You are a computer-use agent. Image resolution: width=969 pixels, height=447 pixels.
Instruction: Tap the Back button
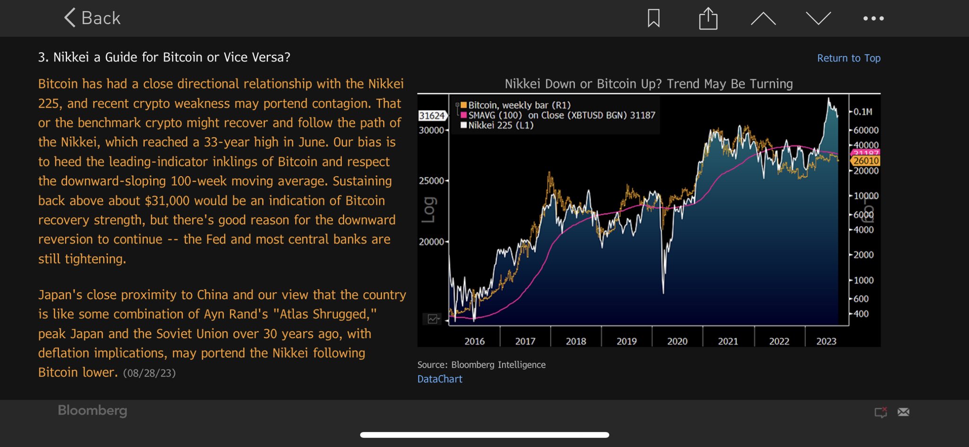pos(93,18)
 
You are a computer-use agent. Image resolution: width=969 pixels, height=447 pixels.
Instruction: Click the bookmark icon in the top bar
pos(653,18)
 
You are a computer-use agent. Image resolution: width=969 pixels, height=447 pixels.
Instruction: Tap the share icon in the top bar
pos(708,18)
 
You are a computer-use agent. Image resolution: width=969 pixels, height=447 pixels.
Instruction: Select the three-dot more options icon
pos(873,18)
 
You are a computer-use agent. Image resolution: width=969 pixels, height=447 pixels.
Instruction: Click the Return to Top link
pos(848,58)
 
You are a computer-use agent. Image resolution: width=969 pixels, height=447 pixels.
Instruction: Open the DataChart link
pos(440,379)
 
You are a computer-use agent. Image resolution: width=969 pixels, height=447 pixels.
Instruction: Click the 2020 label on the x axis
pos(677,341)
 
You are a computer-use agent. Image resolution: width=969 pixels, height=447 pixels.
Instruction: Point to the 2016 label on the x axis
pos(475,341)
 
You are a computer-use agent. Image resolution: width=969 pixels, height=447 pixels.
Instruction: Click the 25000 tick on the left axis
pos(432,181)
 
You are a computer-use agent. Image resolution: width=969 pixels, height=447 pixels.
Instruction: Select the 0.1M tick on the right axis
pos(863,112)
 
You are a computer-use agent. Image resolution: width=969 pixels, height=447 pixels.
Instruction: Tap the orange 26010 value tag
pos(866,161)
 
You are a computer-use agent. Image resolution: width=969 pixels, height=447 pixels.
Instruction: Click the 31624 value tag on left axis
pos(432,115)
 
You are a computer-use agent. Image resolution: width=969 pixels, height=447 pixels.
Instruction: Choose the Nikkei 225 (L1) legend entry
pos(501,125)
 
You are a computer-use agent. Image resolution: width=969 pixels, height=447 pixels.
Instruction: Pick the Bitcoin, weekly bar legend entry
pos(519,105)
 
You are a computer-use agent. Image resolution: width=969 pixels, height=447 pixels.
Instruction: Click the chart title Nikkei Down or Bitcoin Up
pos(649,84)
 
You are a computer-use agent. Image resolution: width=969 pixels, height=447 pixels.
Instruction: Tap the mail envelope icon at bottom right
pos(903,412)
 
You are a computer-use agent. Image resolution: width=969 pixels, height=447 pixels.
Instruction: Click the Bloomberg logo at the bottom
pos(92,410)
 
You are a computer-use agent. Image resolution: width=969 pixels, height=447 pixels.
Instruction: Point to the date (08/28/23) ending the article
pos(149,373)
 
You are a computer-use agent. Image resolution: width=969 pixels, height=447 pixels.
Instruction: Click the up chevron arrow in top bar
pos(763,18)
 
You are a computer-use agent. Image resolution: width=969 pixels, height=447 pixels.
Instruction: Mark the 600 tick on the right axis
pos(861,299)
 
